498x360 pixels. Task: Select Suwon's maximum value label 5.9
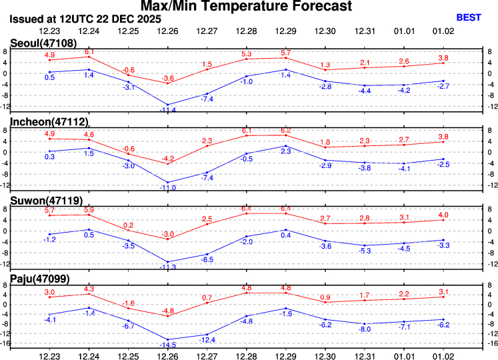[x=89, y=210]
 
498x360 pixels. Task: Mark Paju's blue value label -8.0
[x=363, y=329]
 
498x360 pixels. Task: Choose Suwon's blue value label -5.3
[x=363, y=251]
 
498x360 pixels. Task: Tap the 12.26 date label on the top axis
[x=168, y=31]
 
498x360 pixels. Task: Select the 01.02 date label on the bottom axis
[x=444, y=353]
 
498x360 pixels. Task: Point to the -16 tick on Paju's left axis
[x=5, y=344]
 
